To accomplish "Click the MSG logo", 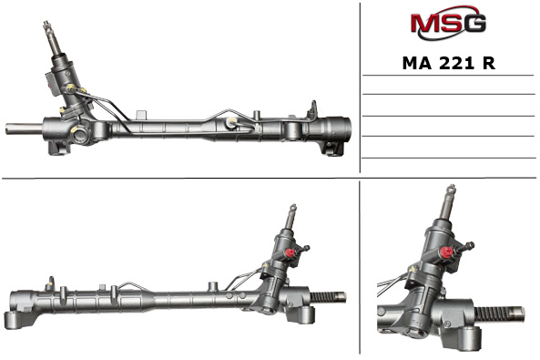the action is pos(448,23).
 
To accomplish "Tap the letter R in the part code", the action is pos(489,63).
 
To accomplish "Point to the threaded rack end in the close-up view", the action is pos(500,314).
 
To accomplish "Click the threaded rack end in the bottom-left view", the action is pos(328,297).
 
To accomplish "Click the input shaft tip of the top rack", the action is pos(46,25).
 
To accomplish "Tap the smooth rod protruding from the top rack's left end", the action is pos(24,129).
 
